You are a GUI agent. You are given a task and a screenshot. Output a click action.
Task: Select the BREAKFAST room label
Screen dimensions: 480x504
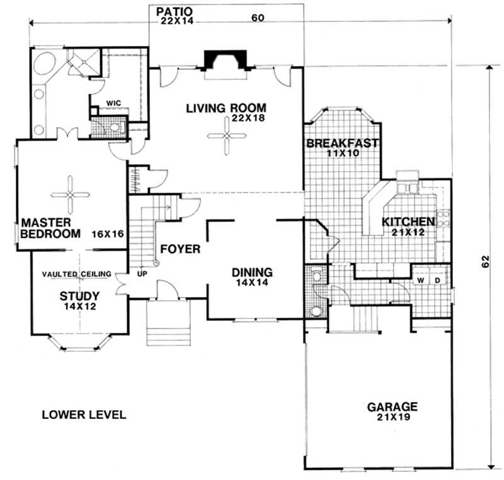(x=342, y=143)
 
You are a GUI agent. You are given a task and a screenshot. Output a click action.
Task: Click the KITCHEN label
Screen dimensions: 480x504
(x=408, y=221)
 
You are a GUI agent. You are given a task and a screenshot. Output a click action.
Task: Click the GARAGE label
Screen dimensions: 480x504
(x=392, y=406)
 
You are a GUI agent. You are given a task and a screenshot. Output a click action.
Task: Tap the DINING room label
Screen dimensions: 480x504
(x=252, y=272)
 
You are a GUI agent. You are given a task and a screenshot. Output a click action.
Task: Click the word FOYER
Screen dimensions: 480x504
(x=180, y=249)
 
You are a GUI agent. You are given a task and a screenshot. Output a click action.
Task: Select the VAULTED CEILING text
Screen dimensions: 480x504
(x=77, y=274)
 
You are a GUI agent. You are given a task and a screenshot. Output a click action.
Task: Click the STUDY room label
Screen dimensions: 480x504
(x=76, y=296)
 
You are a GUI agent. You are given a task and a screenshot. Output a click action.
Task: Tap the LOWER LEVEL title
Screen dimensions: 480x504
(x=84, y=415)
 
